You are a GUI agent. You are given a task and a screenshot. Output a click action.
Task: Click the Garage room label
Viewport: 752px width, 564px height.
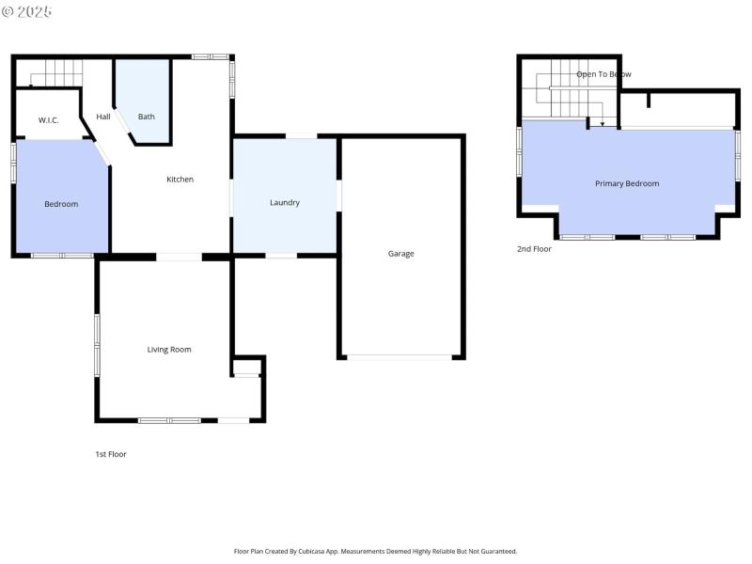(x=400, y=254)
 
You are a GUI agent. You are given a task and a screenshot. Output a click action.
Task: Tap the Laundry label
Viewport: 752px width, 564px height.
(x=284, y=203)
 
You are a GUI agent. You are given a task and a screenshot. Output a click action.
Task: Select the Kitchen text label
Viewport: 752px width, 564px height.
(x=180, y=180)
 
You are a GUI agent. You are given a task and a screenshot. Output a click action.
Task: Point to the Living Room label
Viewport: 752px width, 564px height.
(x=169, y=350)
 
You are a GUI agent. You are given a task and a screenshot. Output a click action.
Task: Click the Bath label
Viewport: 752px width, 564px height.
(x=147, y=117)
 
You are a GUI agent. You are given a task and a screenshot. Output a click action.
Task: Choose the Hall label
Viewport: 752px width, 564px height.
(x=103, y=117)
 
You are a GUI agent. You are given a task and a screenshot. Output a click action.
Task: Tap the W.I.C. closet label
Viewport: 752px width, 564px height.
(x=49, y=120)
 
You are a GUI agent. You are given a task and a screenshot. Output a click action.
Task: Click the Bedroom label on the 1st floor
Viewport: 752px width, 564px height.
(x=61, y=204)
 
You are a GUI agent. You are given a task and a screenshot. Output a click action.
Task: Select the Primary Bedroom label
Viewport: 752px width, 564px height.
(x=627, y=183)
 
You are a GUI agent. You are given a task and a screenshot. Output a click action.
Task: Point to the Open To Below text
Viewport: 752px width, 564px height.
(x=603, y=73)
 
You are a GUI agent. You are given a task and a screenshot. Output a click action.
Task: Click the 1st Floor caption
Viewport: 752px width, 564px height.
(x=110, y=454)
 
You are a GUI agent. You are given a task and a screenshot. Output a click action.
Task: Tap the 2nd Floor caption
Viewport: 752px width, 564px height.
(x=534, y=249)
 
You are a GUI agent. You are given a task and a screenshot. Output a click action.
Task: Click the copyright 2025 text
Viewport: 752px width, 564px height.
(x=27, y=11)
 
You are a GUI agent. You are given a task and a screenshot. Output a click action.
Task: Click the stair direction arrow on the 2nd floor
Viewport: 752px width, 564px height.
(x=603, y=121)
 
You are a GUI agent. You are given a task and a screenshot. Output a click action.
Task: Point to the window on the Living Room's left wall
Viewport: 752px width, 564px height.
(x=96, y=345)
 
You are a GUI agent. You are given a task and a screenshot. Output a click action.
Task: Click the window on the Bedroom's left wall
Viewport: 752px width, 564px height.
(x=13, y=160)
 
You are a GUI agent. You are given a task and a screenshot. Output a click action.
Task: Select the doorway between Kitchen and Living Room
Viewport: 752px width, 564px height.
(x=179, y=257)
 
